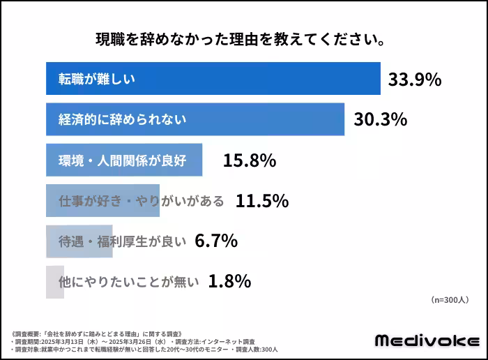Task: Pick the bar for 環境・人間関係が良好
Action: [x=124, y=160]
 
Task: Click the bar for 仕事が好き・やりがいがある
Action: [x=102, y=201]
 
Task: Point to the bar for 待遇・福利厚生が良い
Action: [x=79, y=241]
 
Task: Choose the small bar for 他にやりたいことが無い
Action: [x=54, y=282]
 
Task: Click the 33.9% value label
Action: [x=415, y=80]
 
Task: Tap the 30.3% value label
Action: [x=380, y=120]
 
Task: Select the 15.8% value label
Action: [x=250, y=160]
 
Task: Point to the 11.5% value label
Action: [x=262, y=202]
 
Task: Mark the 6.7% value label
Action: [x=216, y=241]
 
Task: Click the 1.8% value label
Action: [x=229, y=282]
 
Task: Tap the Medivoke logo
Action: [x=427, y=340]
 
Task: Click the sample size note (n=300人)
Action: [x=450, y=300]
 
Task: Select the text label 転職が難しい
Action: [x=96, y=79]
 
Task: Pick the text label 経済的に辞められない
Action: [x=122, y=119]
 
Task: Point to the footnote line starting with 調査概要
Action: [x=98, y=333]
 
